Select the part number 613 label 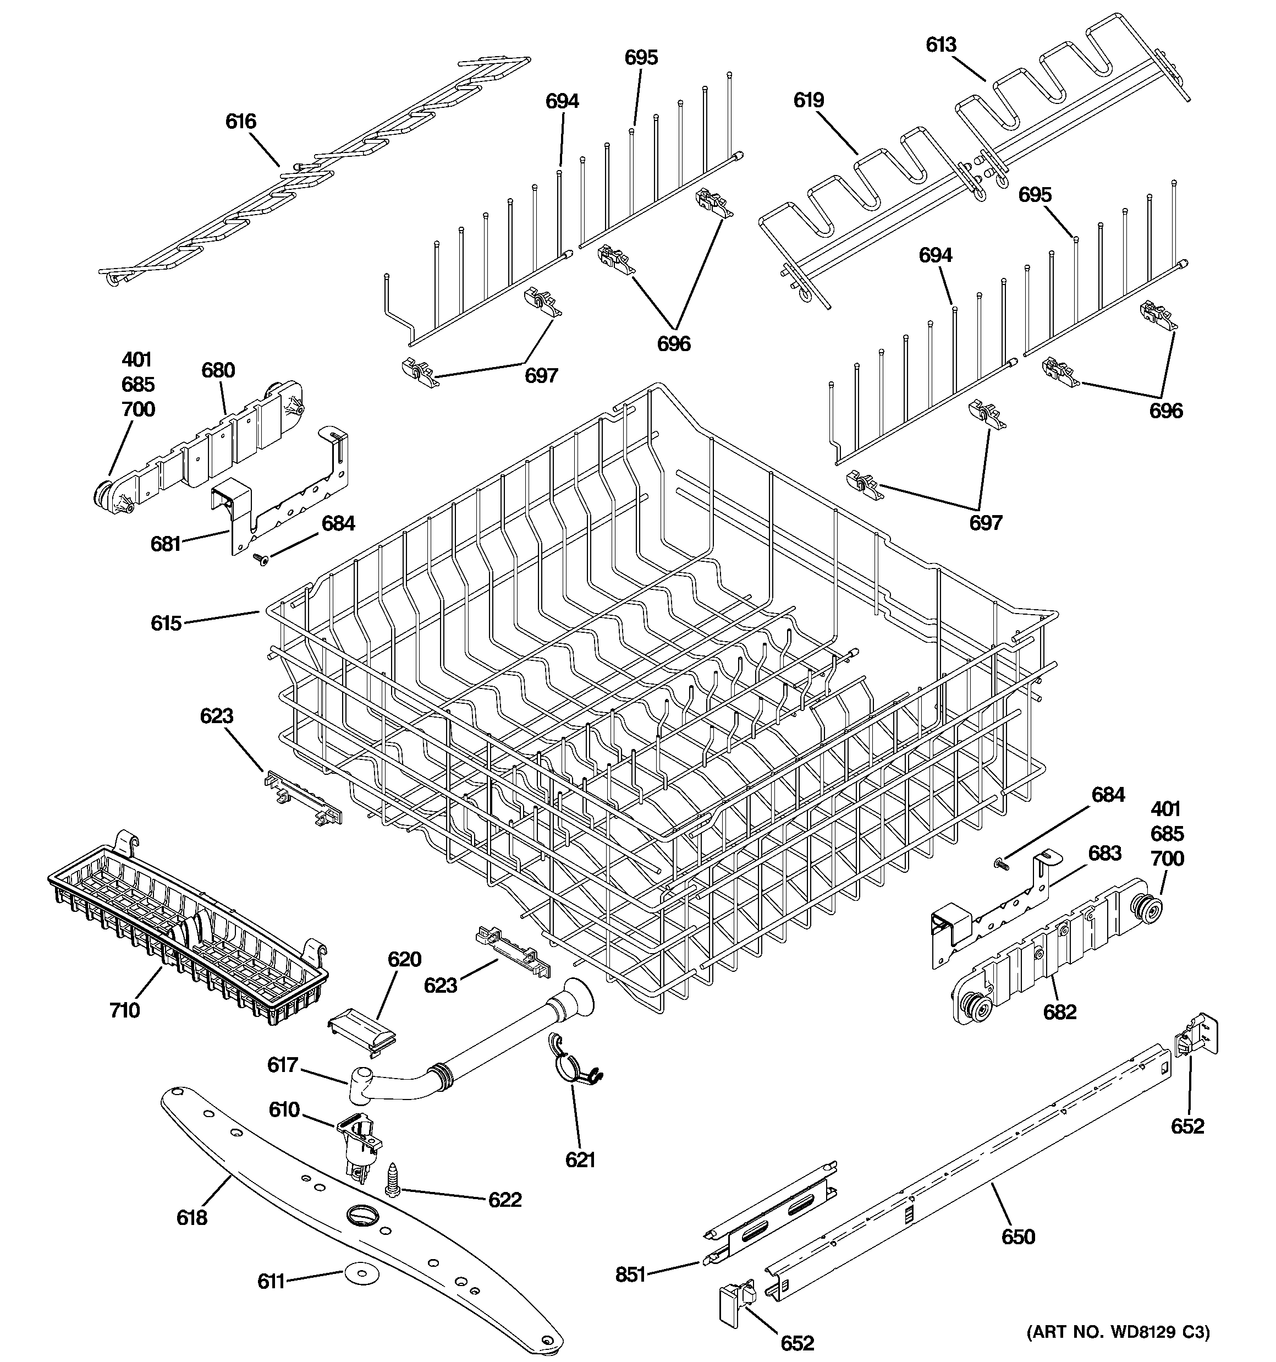(x=941, y=45)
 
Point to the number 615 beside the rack (x=166, y=623)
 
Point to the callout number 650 (x=1018, y=1237)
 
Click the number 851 (x=630, y=1275)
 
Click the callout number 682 (x=1059, y=1012)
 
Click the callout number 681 (x=165, y=544)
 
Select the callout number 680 (x=218, y=371)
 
